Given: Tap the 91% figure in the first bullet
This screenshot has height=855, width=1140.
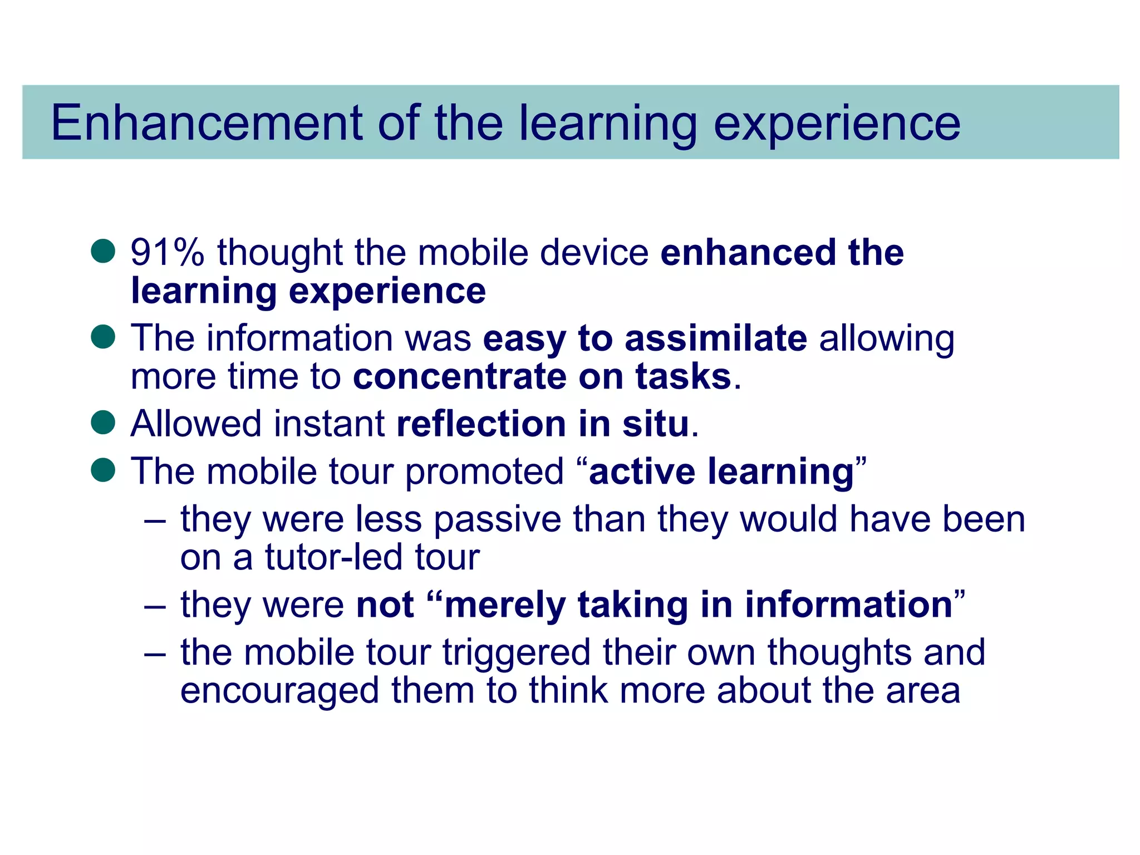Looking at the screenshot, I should pos(167,253).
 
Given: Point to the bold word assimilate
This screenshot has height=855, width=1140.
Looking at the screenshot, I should pos(716,338).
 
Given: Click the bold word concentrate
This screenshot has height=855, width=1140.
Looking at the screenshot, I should pos(459,377).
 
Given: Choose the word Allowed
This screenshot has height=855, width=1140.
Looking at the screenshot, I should pos(195,424).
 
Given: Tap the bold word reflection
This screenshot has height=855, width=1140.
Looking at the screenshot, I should pos(481,424).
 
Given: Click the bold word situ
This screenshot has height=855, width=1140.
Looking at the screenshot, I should pos(656,424).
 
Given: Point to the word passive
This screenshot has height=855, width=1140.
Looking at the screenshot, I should pos(497,520).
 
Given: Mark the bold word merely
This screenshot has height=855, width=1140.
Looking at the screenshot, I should pos(505,605).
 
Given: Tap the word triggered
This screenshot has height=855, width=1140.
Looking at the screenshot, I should pos(516,652).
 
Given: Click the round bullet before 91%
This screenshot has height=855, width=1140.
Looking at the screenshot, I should pos(103,251).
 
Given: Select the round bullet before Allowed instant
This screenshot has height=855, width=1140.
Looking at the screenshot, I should pos(103,422).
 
